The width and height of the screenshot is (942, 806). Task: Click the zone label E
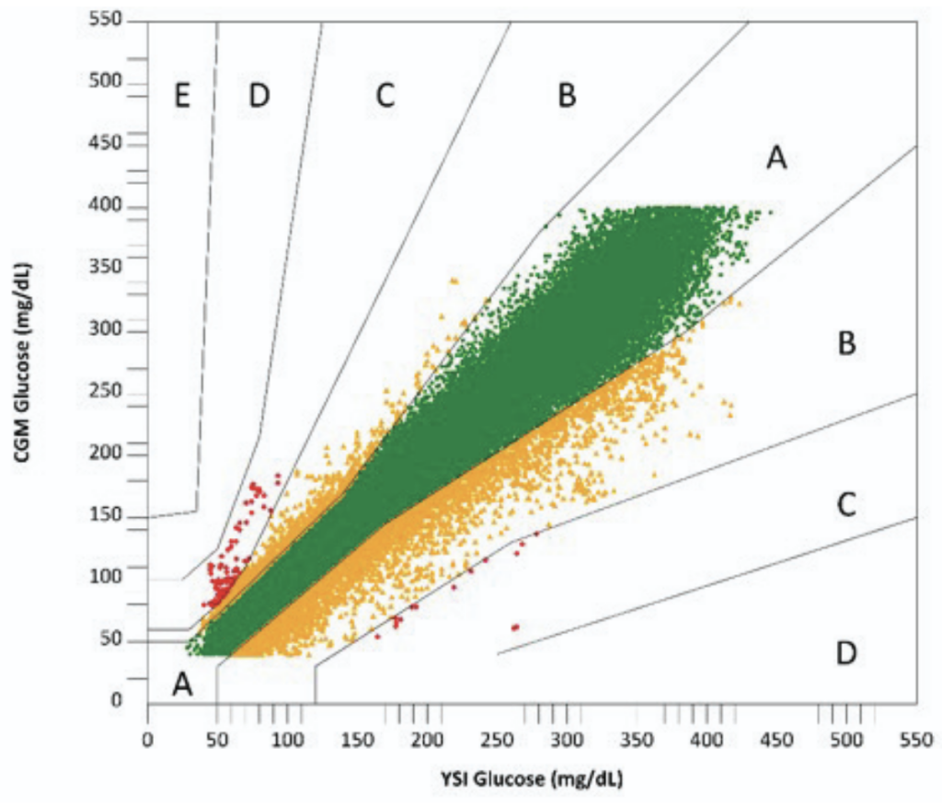[182, 96]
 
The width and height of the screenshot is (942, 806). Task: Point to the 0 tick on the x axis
[147, 739]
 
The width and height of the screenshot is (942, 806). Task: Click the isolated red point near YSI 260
[515, 627]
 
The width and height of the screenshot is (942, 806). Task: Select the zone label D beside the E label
[259, 96]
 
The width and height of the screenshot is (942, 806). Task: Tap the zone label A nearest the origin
[182, 684]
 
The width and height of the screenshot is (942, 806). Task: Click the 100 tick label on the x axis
[288, 739]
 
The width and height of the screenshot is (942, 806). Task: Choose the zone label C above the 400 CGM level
[385, 96]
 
